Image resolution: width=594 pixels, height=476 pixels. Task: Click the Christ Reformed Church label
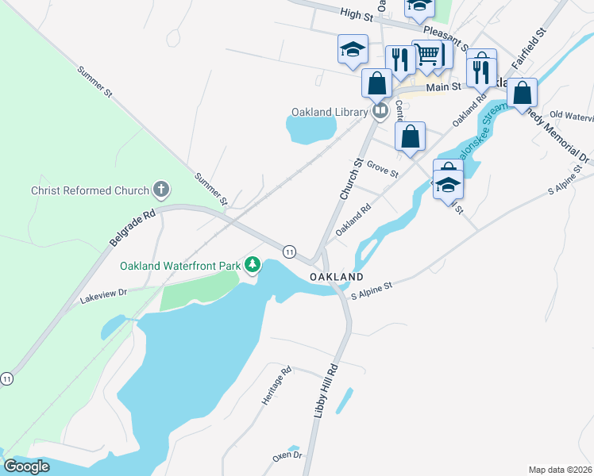click(90, 190)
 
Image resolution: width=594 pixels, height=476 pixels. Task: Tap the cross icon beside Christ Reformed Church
click(161, 190)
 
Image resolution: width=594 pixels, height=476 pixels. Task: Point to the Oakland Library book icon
click(380, 111)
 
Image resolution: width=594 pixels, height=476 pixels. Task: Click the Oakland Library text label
click(331, 112)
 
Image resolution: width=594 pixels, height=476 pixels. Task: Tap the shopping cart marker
click(427, 55)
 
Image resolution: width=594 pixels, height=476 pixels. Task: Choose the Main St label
click(443, 87)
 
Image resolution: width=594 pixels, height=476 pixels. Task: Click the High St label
click(356, 15)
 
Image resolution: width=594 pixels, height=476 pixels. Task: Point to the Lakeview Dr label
click(103, 299)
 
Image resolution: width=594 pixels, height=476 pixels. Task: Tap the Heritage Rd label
click(276, 386)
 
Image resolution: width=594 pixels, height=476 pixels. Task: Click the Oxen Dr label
click(287, 455)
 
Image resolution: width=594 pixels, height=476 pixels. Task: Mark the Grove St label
click(382, 170)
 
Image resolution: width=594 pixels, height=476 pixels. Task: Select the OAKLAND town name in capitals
click(337, 277)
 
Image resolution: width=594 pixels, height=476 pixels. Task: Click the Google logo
click(26, 466)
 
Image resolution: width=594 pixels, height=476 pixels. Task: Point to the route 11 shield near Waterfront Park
click(289, 251)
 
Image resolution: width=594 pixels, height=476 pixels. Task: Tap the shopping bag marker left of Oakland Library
click(376, 83)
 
